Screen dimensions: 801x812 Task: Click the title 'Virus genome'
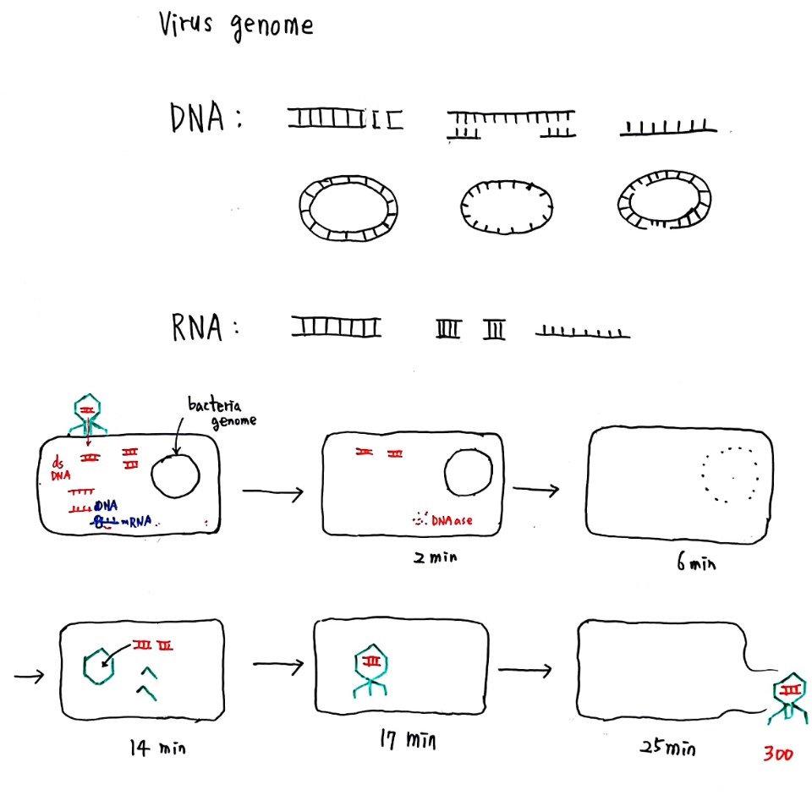236,25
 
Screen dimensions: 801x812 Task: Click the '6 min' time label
694,562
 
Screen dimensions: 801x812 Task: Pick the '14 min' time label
156,747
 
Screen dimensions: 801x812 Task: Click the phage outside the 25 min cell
788,699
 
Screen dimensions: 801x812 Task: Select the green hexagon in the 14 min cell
100,667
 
